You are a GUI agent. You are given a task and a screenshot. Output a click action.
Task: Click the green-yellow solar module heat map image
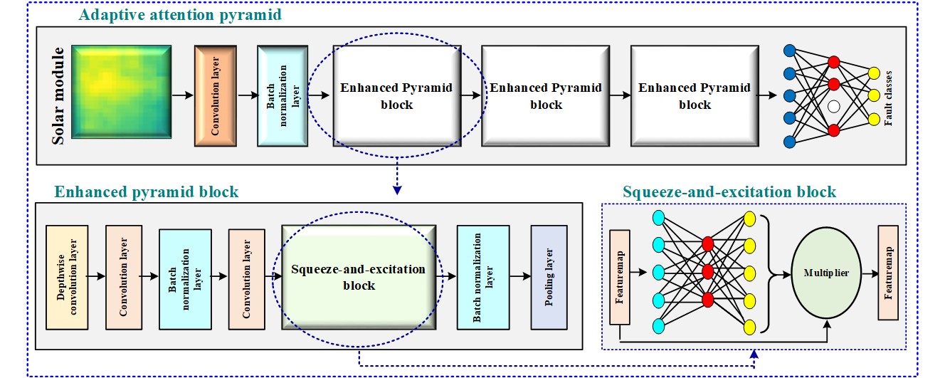pyautogui.click(x=122, y=91)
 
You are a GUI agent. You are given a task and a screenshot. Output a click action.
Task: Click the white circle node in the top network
pyautogui.click(x=834, y=105)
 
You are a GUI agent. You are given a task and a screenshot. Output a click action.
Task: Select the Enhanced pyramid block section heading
pyautogui.click(x=147, y=192)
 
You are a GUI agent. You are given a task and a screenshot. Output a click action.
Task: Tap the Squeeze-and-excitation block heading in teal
pyautogui.click(x=729, y=192)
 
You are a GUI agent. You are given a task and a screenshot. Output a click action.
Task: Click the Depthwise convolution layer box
pyautogui.click(x=66, y=277)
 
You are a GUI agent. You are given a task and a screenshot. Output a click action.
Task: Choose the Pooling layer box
pyautogui.click(x=549, y=277)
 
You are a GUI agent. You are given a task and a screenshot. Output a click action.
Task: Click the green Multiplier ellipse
pyautogui.click(x=825, y=273)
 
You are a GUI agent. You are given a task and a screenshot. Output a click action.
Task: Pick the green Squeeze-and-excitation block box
pyautogui.click(x=358, y=277)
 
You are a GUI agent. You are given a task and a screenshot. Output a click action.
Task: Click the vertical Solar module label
pyautogui.click(x=59, y=95)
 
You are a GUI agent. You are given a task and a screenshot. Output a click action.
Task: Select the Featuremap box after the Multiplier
pyautogui.click(x=888, y=273)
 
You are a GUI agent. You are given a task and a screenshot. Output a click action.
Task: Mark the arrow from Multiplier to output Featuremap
pyautogui.click(x=867, y=273)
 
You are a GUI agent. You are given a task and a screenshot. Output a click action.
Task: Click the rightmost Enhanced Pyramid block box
pyautogui.click(x=694, y=95)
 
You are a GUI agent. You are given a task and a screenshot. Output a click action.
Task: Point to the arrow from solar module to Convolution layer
pyautogui.click(x=182, y=94)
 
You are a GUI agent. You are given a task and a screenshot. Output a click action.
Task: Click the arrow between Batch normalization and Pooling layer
pyautogui.click(x=519, y=277)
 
